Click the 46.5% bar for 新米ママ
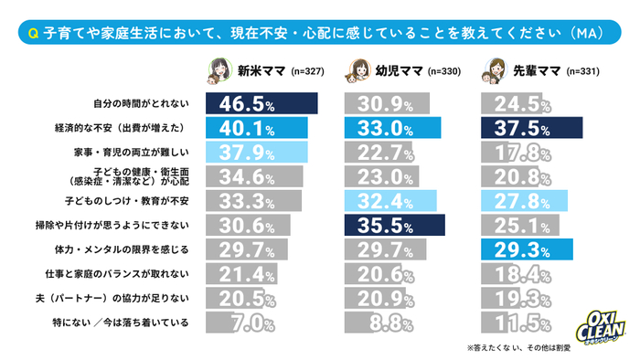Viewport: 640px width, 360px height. pos(261,102)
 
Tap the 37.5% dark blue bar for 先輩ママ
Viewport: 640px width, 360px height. pos(531,127)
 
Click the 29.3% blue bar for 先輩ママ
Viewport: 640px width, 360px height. pos(527,249)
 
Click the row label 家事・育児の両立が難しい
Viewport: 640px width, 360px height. pos(136,151)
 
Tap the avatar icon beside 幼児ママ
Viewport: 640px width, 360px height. pos(357,70)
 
